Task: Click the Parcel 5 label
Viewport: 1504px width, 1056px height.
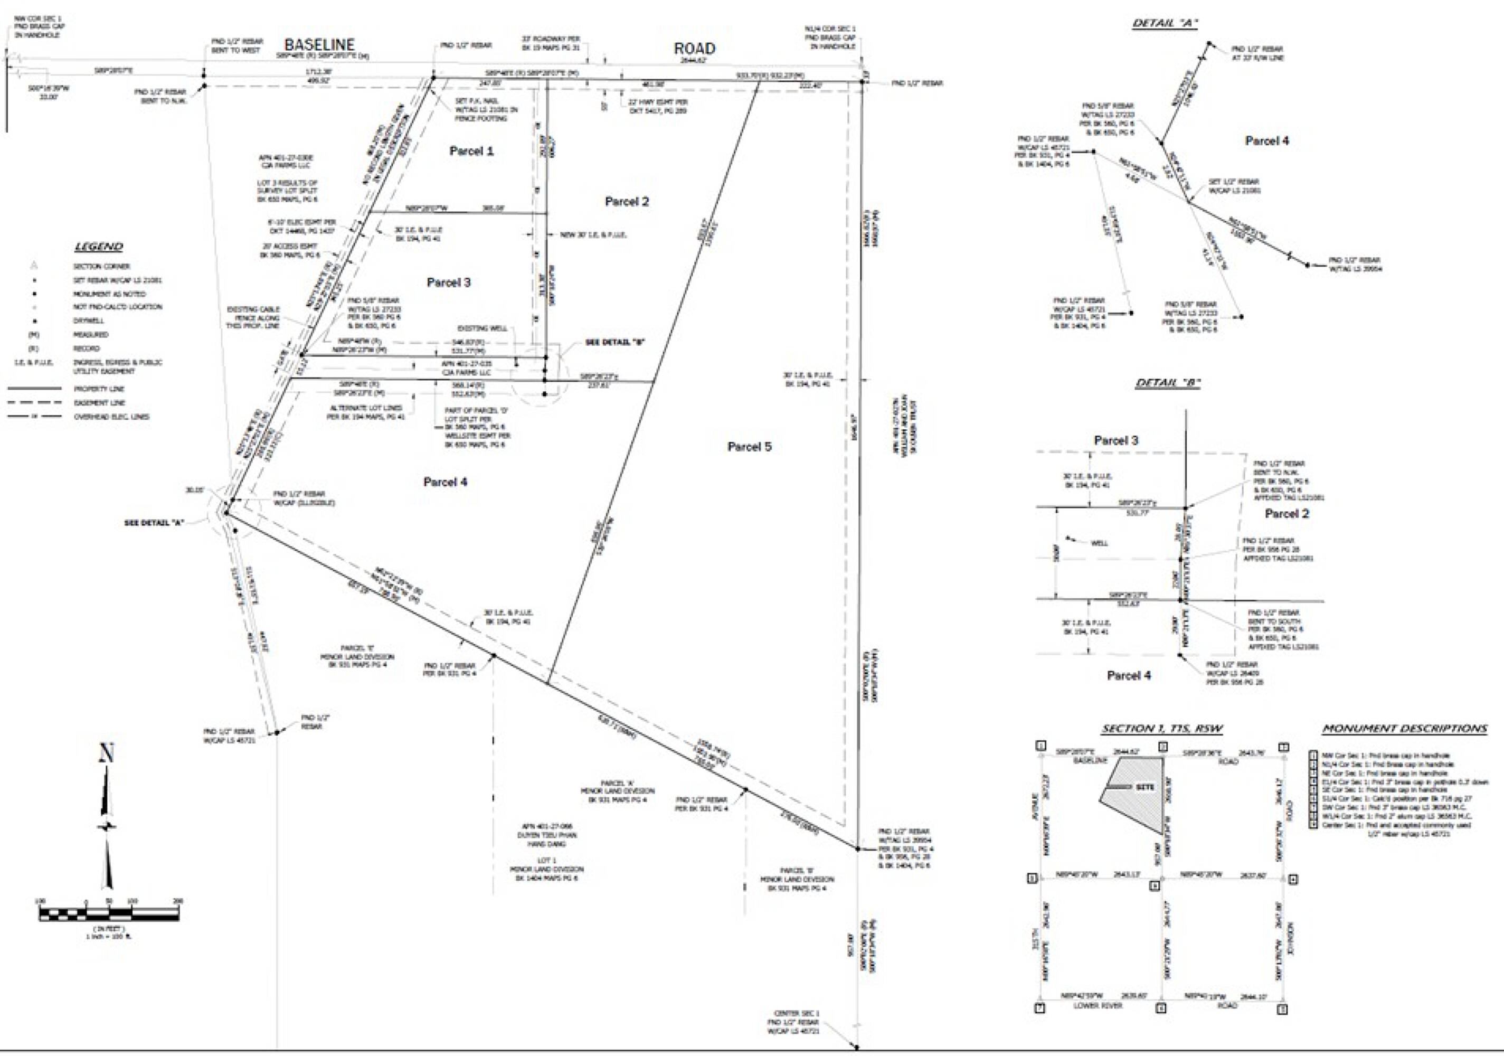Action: point(750,447)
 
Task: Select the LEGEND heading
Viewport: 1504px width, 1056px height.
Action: point(98,247)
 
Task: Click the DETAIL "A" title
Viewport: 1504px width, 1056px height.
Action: point(1165,23)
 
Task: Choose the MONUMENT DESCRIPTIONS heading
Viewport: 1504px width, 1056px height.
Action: point(1404,729)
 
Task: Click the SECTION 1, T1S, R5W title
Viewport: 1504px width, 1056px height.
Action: point(1162,729)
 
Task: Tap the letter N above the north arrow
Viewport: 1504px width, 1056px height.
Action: point(106,754)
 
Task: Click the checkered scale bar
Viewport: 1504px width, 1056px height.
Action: point(109,914)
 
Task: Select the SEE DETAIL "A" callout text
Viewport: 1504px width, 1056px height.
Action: point(155,522)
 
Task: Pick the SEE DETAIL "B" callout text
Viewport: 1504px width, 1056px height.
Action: point(616,343)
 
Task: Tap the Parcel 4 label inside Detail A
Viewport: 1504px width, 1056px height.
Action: point(1267,141)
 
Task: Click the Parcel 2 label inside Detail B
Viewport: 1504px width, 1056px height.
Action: point(1287,514)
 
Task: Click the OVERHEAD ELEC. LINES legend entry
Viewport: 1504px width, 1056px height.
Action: point(111,417)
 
